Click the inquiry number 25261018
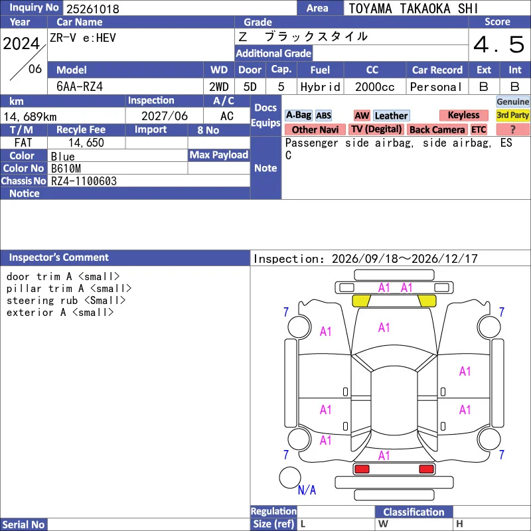click(x=93, y=9)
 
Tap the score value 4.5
click(x=499, y=44)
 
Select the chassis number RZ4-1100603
click(x=84, y=181)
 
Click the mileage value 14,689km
click(x=30, y=117)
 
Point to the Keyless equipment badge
click(x=463, y=115)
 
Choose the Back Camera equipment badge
click(x=437, y=129)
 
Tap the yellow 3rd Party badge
click(x=512, y=115)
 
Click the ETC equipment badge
click(x=479, y=129)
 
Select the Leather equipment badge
click(x=391, y=115)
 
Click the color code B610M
click(x=66, y=169)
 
